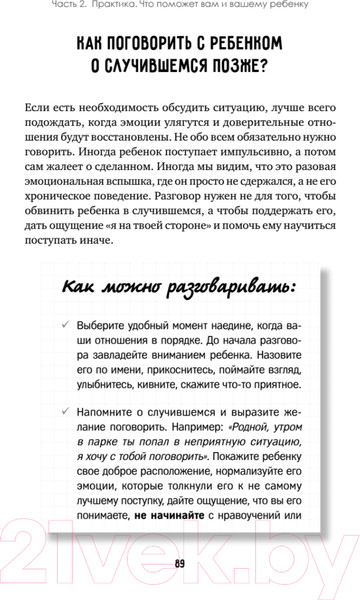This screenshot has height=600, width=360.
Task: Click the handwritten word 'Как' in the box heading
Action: tap(81, 287)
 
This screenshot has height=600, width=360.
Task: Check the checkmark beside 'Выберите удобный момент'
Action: tap(65, 324)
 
